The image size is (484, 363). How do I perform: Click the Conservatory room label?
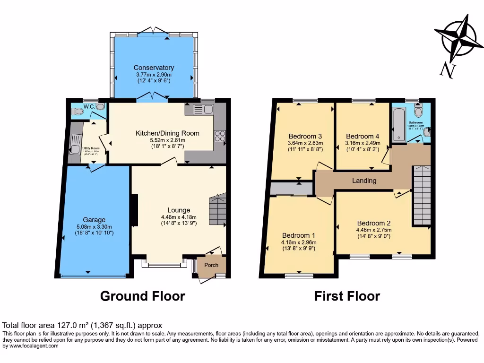[154, 68]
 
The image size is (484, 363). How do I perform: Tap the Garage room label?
[95, 220]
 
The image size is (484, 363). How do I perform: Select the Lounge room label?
[179, 210]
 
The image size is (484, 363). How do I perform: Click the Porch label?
[211, 265]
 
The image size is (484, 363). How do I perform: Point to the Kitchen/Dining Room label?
[167, 133]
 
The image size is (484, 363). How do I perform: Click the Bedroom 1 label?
[299, 235]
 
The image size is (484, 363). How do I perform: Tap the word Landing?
[364, 181]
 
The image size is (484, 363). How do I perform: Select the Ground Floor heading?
[142, 296]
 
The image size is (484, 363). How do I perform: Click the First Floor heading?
[347, 296]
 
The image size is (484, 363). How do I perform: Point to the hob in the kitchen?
[220, 136]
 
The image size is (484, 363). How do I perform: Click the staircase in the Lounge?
[217, 210]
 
